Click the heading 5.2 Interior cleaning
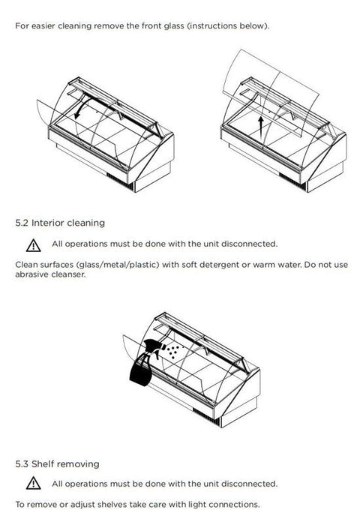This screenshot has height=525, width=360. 60,223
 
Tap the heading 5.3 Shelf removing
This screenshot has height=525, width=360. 57,464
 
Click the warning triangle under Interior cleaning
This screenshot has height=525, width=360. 34,245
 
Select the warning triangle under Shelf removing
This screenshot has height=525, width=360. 34,483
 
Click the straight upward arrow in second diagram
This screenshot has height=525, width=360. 261,128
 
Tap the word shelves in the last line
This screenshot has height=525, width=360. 109,504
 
